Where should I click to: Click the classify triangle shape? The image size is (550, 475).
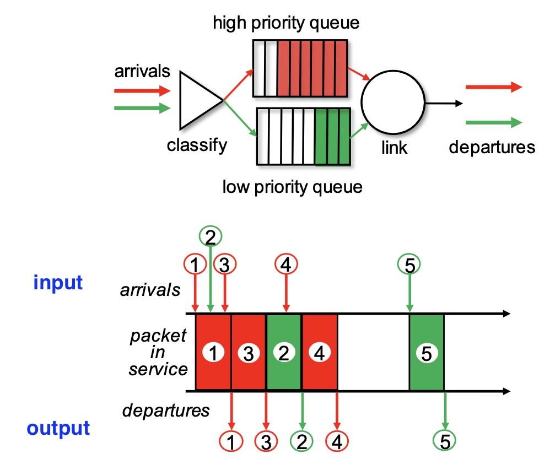click(x=201, y=100)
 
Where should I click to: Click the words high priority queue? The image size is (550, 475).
click(x=286, y=23)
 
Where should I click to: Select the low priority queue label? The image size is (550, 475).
click(x=292, y=187)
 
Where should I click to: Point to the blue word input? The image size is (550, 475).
click(x=58, y=282)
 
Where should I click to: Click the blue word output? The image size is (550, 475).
click(x=58, y=428)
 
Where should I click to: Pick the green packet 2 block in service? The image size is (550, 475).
click(x=284, y=352)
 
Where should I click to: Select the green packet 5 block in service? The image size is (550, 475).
click(x=427, y=352)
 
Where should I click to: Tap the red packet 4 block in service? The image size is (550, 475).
click(x=320, y=352)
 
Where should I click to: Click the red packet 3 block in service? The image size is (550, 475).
click(x=249, y=352)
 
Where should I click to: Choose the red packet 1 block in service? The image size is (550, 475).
click(x=213, y=352)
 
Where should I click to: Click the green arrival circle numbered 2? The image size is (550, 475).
click(x=211, y=236)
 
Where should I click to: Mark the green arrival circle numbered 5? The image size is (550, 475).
click(x=409, y=264)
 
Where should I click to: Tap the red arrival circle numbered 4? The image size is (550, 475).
click(x=286, y=264)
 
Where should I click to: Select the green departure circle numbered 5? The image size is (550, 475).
click(x=444, y=441)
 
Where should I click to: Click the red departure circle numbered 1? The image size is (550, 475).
click(x=231, y=441)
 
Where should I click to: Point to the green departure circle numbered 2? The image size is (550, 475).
click(x=301, y=441)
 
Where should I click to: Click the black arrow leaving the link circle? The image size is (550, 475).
click(x=444, y=103)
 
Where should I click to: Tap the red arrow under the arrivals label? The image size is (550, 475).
click(x=142, y=91)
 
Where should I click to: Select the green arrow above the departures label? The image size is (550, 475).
click(x=494, y=122)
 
